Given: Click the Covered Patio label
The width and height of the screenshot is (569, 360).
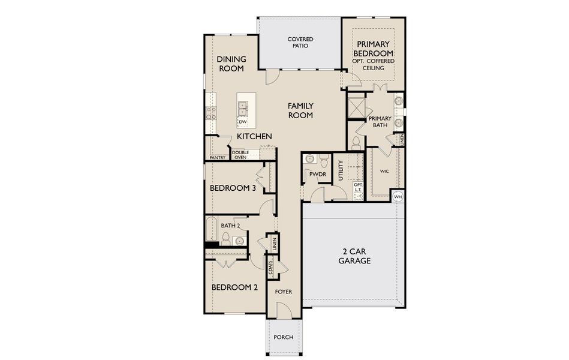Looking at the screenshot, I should pyautogui.click(x=300, y=43).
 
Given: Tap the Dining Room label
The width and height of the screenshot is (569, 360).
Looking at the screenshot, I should pyautogui.click(x=230, y=64).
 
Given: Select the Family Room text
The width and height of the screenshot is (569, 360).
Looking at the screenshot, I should pyautogui.click(x=300, y=110).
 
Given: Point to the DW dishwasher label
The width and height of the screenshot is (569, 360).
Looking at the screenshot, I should pyautogui.click(x=243, y=122).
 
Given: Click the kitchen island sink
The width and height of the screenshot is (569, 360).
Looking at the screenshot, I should pyautogui.click(x=243, y=108).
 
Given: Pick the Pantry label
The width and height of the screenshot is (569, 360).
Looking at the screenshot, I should pyautogui.click(x=217, y=158).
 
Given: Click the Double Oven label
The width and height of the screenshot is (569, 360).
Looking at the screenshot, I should pyautogui.click(x=240, y=155).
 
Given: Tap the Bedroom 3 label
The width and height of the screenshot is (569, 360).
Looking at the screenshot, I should pyautogui.click(x=233, y=188).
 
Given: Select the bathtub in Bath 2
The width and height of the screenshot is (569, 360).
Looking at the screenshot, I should pyautogui.click(x=210, y=231).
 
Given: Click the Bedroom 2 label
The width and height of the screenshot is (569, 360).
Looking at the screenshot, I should pyautogui.click(x=234, y=287).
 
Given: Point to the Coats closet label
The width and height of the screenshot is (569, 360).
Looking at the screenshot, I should pyautogui.click(x=270, y=268).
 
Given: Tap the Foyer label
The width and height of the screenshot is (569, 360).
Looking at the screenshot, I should pyautogui.click(x=283, y=292).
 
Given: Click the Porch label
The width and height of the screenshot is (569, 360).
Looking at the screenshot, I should pyautogui.click(x=284, y=337).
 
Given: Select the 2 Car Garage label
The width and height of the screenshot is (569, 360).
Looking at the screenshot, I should pyautogui.click(x=354, y=256).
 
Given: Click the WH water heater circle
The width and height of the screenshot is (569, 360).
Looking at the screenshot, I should pyautogui.click(x=398, y=196).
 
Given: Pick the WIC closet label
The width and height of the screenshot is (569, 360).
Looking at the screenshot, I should pyautogui.click(x=384, y=171).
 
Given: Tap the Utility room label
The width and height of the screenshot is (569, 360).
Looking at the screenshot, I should pyautogui.click(x=341, y=170).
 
